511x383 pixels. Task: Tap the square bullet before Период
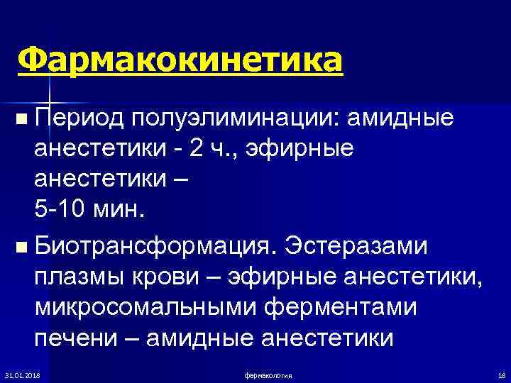pyautogui.click(x=26, y=118)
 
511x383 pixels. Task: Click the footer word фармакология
pyautogui.click(x=268, y=374)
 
